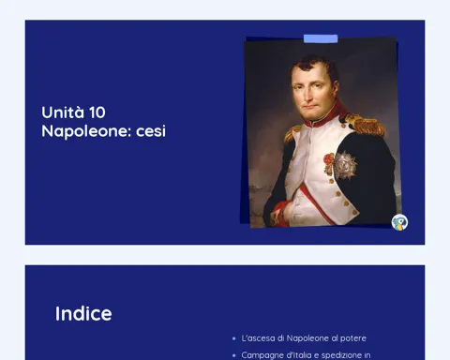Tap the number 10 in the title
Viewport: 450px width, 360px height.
point(97,112)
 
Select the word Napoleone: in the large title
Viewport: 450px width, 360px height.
point(86,131)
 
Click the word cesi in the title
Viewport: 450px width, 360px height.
point(151,131)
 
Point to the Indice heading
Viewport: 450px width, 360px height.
point(83,313)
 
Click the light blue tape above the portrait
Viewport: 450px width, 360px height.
point(321,38)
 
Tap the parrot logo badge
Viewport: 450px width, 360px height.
point(399,222)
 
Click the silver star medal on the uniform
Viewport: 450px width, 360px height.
point(345,165)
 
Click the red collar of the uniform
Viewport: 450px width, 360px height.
point(325,116)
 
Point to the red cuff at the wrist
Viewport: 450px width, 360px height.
point(279,214)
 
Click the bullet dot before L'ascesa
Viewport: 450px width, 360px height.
point(234,338)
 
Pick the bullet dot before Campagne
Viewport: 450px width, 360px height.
point(234,355)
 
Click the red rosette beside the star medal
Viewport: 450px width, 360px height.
point(329,163)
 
